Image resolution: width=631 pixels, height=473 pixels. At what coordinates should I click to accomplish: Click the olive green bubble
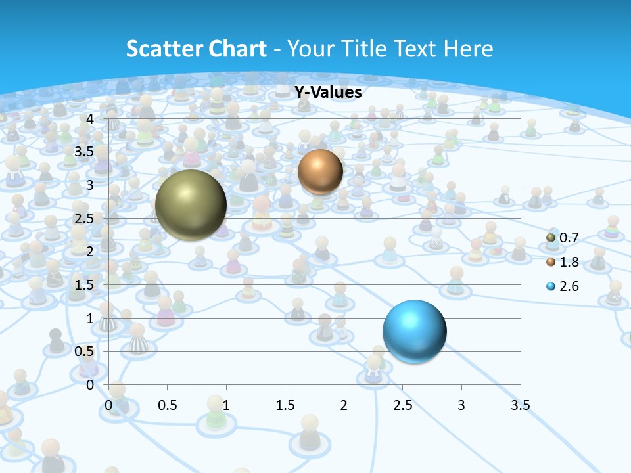pos(191,205)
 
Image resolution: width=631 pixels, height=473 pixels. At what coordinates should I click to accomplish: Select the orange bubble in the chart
pos(320,171)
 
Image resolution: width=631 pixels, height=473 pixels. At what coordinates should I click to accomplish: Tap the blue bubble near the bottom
pos(414,331)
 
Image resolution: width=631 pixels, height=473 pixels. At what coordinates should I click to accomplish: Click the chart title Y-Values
pos(328,92)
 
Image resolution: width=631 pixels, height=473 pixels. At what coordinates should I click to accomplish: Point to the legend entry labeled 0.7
pos(564,237)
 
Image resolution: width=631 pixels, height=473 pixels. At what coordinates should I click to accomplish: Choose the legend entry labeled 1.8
pos(564,262)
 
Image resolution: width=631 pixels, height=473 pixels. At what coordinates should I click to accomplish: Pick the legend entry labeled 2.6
pos(564,286)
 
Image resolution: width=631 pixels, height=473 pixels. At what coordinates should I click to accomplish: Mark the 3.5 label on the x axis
pos(520,405)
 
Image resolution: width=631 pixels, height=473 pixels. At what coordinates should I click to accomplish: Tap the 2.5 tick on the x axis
pos(402,405)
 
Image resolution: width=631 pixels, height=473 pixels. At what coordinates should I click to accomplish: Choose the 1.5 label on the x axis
pos(285,405)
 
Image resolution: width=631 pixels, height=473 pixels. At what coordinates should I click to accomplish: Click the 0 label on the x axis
pos(109,405)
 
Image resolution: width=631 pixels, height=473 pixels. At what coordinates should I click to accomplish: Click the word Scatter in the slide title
pos(163,49)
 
